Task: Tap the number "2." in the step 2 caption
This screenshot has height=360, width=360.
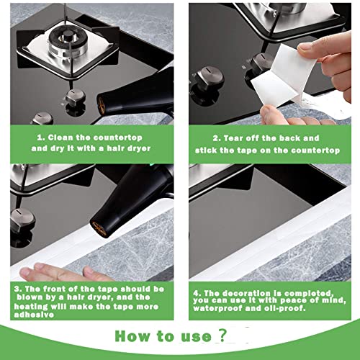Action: [x=217, y=138]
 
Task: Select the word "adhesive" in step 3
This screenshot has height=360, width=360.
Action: [x=34, y=315]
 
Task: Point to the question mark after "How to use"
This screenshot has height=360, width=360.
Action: [x=222, y=335]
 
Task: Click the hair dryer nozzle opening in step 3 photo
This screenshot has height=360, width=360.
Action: [x=99, y=230]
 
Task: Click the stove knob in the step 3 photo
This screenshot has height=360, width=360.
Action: [x=22, y=220]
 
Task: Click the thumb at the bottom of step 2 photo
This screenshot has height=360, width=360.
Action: [x=274, y=115]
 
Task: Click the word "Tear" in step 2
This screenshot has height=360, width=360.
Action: [x=233, y=138]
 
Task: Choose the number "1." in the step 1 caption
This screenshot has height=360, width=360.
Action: [x=41, y=138]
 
